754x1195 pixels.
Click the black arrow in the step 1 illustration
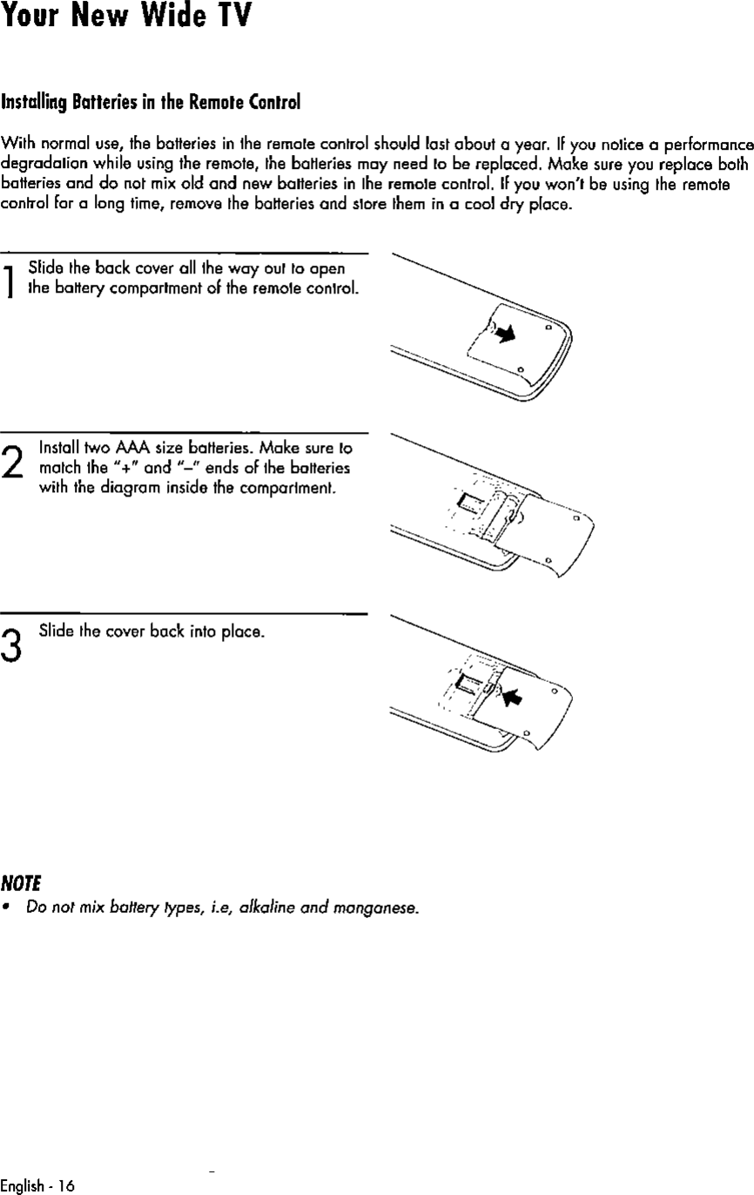pos(502,332)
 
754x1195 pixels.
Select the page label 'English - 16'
pos(38,1185)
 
